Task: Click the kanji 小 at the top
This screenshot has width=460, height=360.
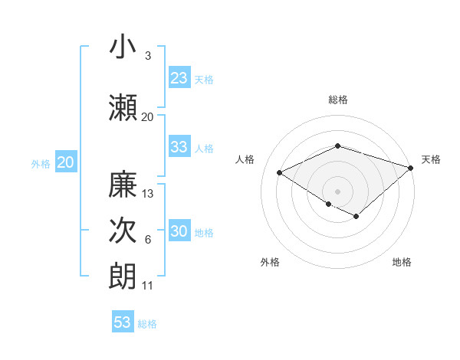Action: (123, 47)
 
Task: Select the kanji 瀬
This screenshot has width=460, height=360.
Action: (123, 107)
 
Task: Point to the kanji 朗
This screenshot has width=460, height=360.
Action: (123, 276)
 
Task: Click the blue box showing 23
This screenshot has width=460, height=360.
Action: (179, 78)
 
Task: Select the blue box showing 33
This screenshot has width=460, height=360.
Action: (179, 147)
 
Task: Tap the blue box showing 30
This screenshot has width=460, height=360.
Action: (179, 232)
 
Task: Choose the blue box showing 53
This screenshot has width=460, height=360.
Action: (123, 322)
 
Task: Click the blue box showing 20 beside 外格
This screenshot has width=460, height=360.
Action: (66, 162)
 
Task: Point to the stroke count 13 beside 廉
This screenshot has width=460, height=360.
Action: (148, 194)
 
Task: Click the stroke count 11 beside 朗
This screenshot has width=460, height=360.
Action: (148, 286)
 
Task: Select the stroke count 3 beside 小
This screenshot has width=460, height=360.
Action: (148, 56)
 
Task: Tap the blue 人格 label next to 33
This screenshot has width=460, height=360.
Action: (204, 149)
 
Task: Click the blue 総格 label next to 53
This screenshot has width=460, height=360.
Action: (147, 324)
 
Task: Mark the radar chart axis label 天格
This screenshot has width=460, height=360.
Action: (431, 159)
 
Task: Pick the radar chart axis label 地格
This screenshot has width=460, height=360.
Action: (402, 262)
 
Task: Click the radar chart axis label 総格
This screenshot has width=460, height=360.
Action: (337, 100)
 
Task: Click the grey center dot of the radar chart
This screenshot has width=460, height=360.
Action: (337, 191)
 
